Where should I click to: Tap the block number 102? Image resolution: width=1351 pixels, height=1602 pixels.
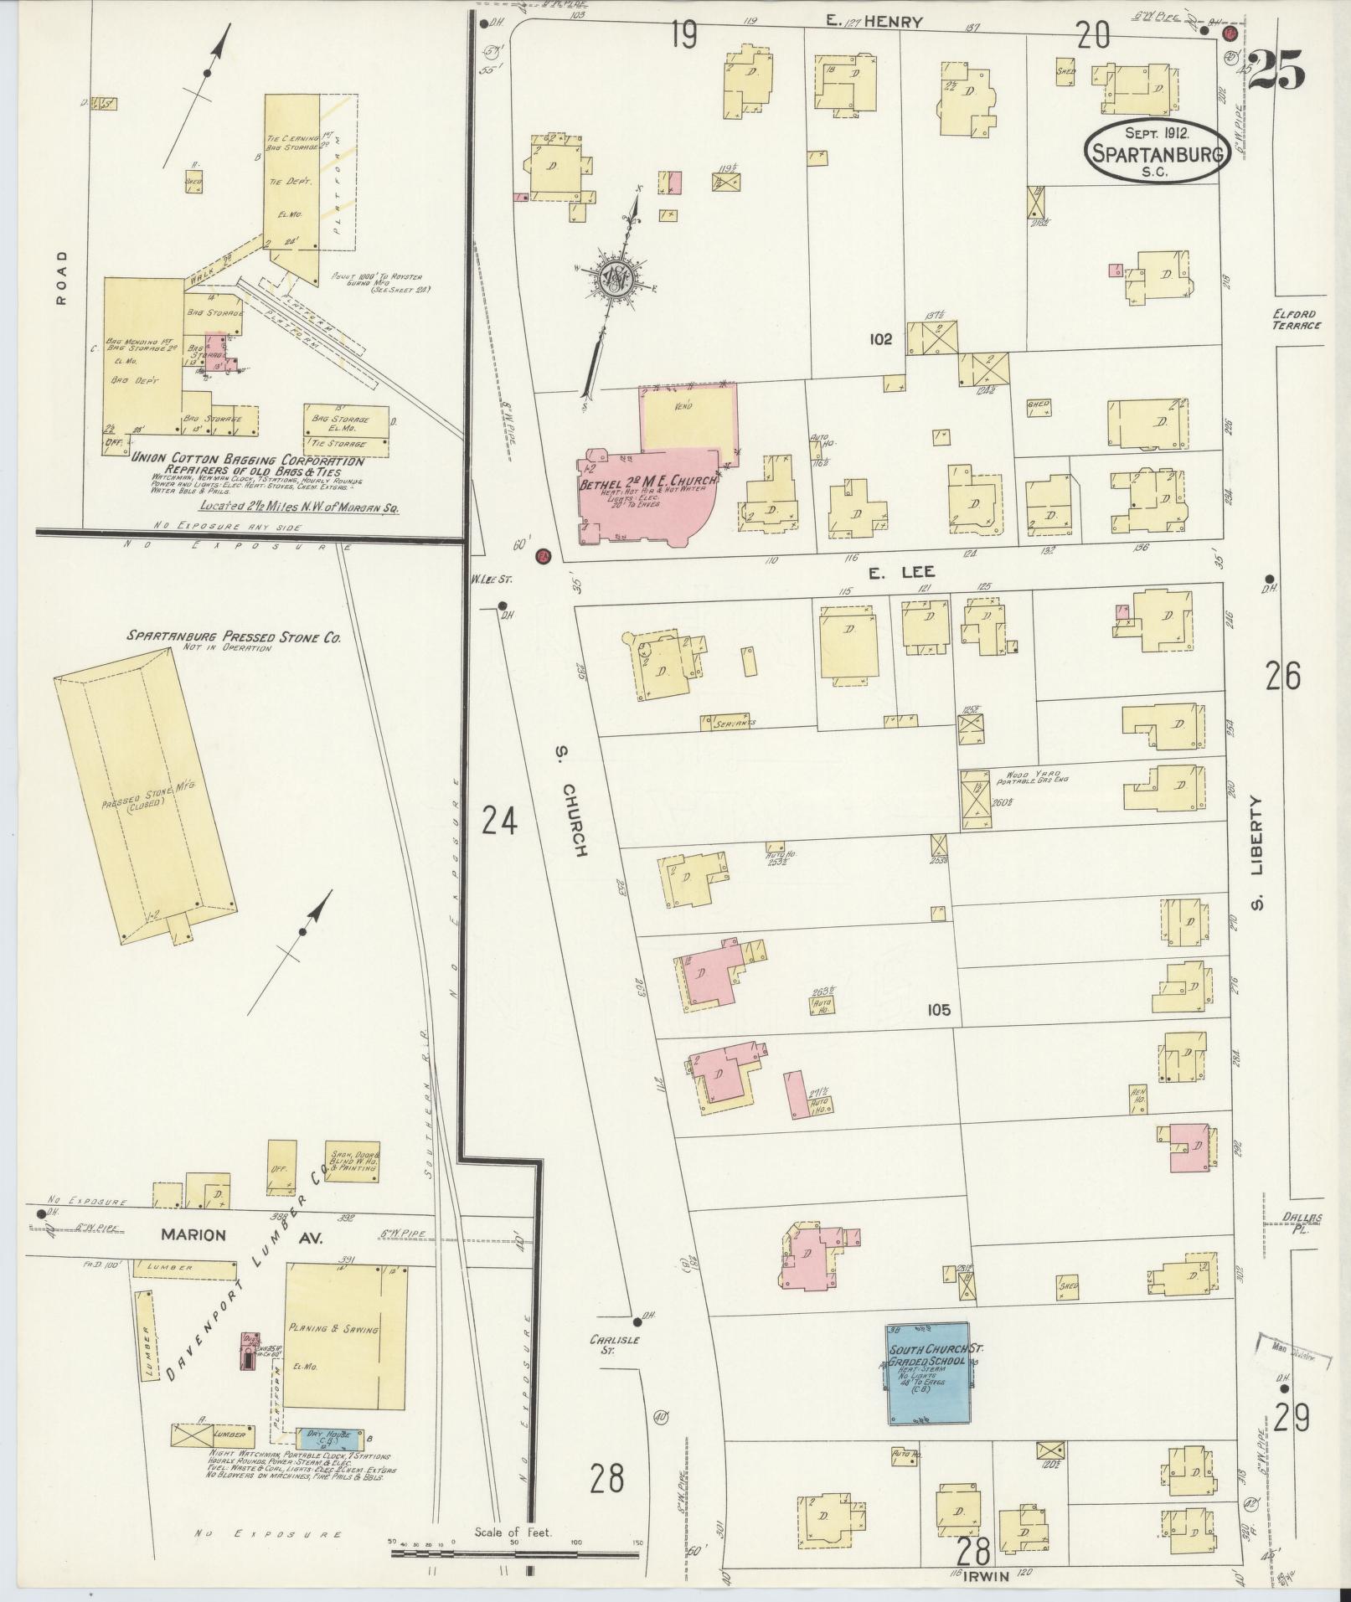[x=880, y=339]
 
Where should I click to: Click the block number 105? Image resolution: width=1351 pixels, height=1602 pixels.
[x=938, y=1011]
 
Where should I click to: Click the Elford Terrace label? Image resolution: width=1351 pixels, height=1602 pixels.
[x=1295, y=319]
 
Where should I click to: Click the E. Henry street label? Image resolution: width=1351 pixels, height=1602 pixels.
[x=874, y=23]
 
